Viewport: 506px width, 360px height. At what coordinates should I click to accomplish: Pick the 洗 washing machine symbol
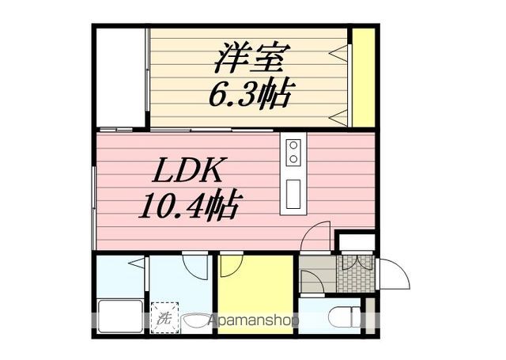(164, 319)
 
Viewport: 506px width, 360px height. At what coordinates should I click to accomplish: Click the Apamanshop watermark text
(253, 320)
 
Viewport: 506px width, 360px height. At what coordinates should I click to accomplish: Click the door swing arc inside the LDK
(317, 236)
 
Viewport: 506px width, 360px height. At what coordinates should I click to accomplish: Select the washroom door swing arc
(194, 263)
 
